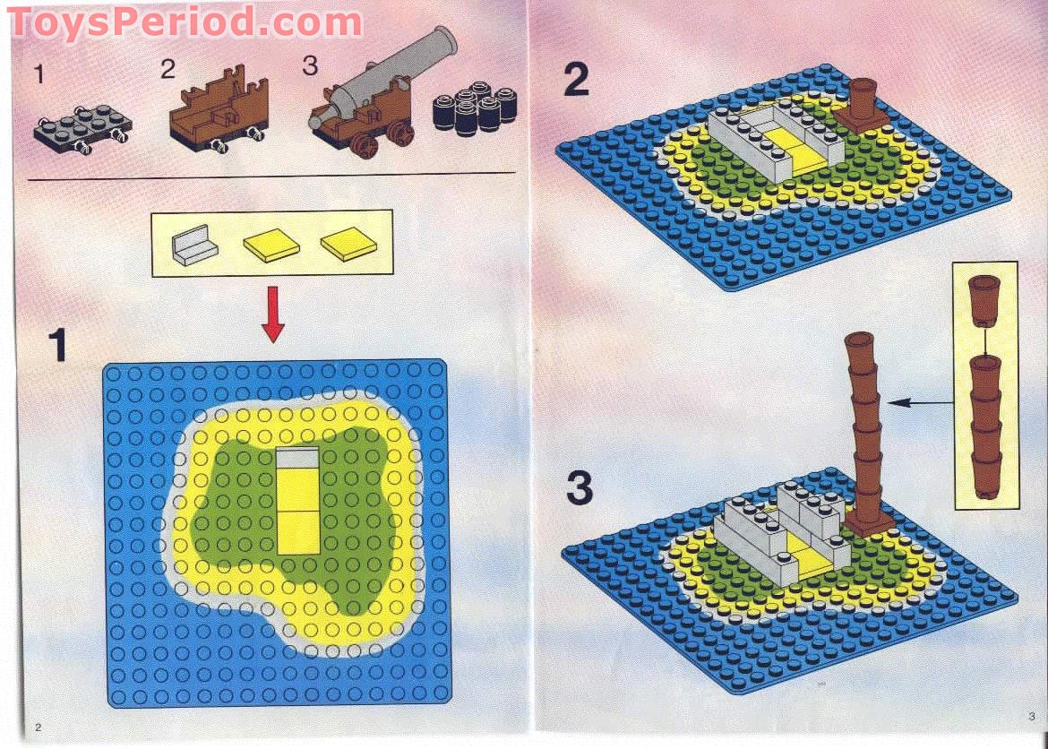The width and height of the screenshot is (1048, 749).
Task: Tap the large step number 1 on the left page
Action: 58,345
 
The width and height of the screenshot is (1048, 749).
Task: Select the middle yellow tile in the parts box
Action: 271,245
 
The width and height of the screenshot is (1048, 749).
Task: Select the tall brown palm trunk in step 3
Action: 865,430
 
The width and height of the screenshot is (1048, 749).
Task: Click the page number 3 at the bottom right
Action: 1031,715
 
